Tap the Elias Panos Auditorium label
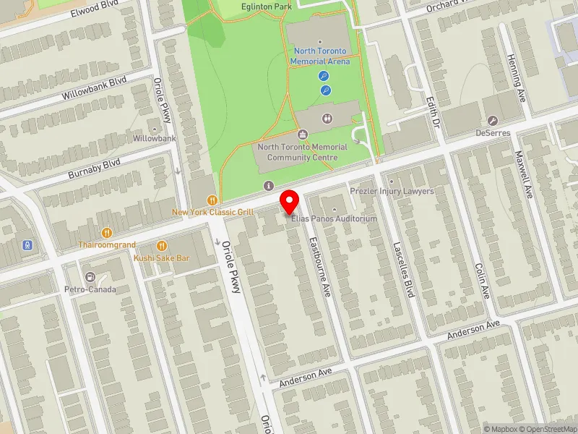[335, 218]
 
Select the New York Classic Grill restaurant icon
[212, 200]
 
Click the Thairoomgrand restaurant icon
[107, 232]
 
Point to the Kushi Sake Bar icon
[162, 245]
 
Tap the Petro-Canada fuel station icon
[90, 277]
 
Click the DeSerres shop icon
[493, 120]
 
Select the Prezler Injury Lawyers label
[392, 191]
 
